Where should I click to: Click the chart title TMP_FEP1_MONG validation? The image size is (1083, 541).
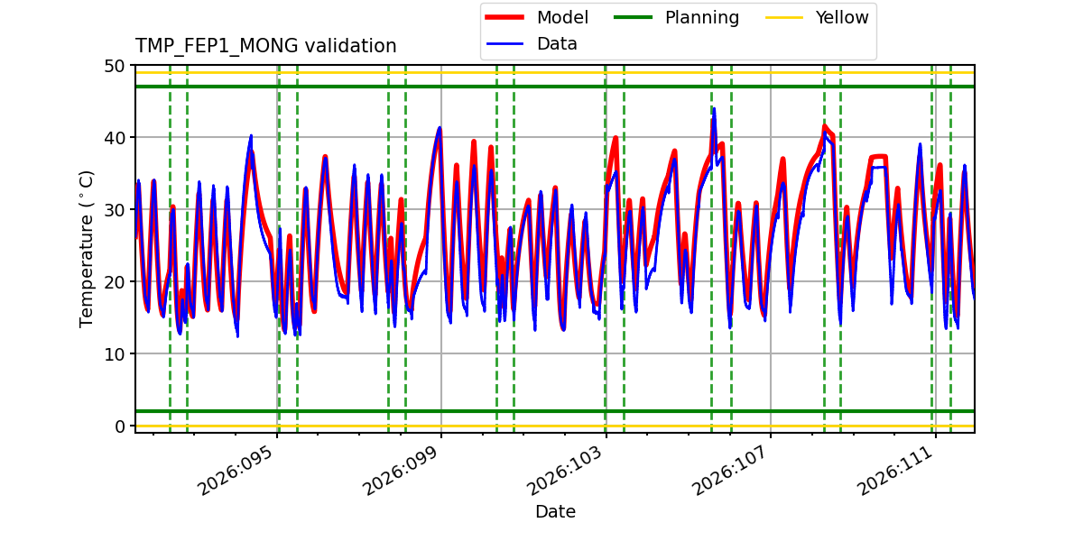265,46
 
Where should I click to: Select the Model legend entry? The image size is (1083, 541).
537,17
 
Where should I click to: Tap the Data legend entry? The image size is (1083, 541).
532,44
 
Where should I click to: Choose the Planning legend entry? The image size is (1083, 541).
676,17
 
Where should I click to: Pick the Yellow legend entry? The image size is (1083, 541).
817,17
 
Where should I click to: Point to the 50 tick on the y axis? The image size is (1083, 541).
114,66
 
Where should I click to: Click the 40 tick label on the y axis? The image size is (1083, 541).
114,138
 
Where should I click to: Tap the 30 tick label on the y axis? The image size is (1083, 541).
114,209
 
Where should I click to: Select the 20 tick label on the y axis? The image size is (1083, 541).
114,281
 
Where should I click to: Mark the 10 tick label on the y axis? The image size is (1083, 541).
114,354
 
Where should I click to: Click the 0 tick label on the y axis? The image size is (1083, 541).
119,426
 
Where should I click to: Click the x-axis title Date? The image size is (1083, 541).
555,511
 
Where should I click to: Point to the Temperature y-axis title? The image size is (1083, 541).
86,249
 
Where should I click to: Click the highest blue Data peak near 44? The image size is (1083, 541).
714,109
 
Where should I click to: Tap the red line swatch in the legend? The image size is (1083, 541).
504,17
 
